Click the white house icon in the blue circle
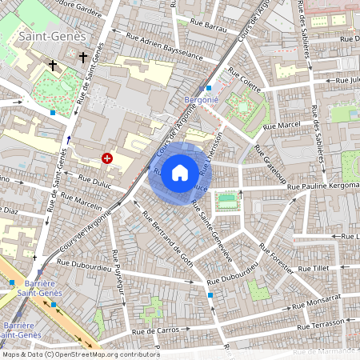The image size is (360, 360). tap(180, 172)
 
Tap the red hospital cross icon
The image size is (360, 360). tap(107, 159)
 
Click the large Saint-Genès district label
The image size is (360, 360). tap(46, 36)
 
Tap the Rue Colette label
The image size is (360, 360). tap(245, 82)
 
